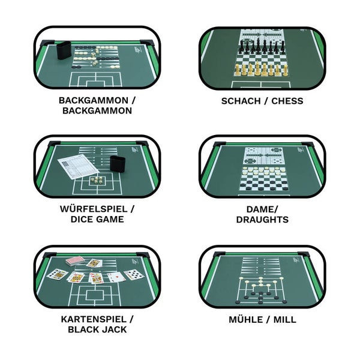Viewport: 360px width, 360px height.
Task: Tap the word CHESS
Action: click(x=287, y=101)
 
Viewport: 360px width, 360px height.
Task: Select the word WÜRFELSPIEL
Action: click(x=94, y=209)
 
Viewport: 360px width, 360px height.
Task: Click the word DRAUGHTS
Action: click(x=262, y=220)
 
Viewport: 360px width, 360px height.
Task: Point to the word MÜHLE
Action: click(x=246, y=319)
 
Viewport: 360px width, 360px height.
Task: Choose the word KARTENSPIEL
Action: click(x=94, y=319)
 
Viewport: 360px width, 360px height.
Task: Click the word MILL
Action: click(x=284, y=320)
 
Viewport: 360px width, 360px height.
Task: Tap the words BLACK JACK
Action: click(x=97, y=329)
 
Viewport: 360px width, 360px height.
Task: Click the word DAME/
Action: click(x=262, y=209)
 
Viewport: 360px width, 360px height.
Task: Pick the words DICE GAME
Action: click(x=97, y=219)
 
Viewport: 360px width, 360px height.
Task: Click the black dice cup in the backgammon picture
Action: click(x=64, y=50)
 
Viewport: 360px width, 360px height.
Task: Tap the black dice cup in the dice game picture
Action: click(x=118, y=164)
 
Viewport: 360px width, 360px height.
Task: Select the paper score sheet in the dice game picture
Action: click(x=78, y=168)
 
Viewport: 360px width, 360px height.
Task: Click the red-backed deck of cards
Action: click(x=74, y=262)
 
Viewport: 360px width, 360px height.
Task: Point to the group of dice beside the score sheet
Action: click(x=97, y=180)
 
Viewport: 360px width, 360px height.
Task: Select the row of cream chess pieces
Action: click(x=261, y=68)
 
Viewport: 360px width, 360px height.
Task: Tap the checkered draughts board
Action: click(x=263, y=179)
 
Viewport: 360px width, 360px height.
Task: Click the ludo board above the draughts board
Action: click(x=264, y=156)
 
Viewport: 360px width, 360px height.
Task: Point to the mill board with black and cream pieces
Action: click(x=261, y=290)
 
